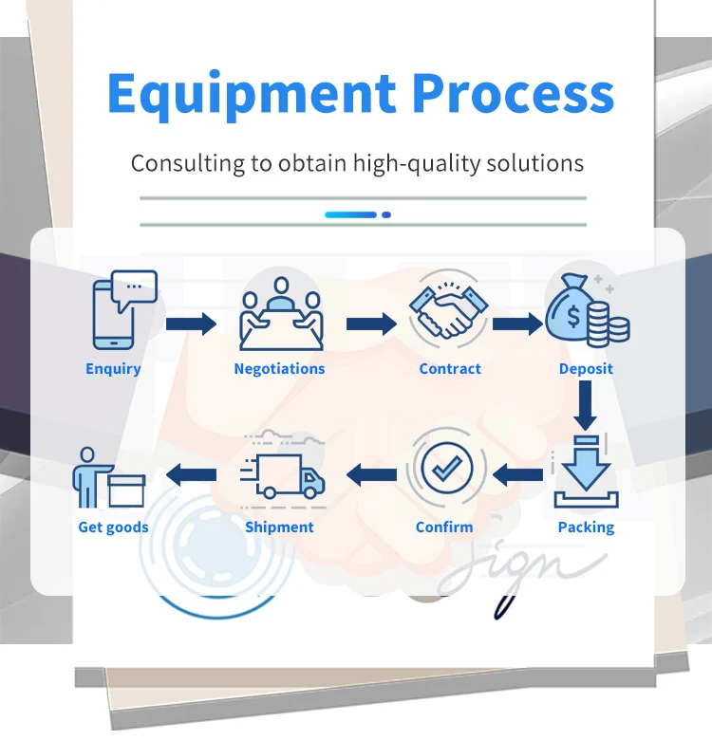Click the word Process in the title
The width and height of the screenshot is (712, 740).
coord(513,93)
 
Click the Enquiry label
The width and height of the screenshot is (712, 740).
coord(113,369)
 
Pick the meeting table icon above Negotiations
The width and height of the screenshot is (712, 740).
coord(280,314)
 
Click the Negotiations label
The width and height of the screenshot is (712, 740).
coord(279,369)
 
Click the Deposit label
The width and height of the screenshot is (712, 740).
coord(586,369)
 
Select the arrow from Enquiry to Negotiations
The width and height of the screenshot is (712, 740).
coord(191,324)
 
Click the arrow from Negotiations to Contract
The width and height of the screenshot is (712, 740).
coord(371,324)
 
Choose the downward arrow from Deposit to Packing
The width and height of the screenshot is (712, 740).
coord(586,406)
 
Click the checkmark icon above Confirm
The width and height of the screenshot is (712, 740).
coord(446,469)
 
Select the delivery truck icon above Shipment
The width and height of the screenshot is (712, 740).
coord(285,474)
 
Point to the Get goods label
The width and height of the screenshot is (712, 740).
coord(113,527)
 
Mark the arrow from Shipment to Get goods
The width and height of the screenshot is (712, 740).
coord(191,473)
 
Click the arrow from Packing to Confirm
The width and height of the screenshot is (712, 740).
coord(518,473)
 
